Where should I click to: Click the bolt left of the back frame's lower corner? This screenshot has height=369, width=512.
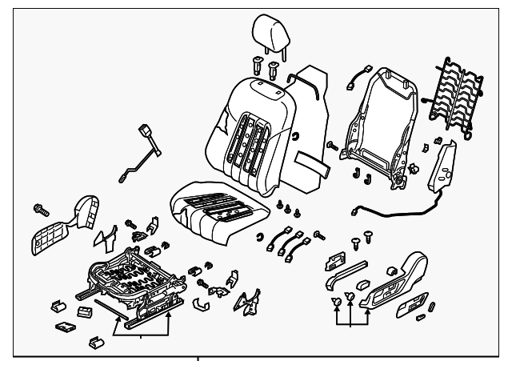pos(330,146)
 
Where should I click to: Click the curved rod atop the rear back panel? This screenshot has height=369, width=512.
pos(304,80)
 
